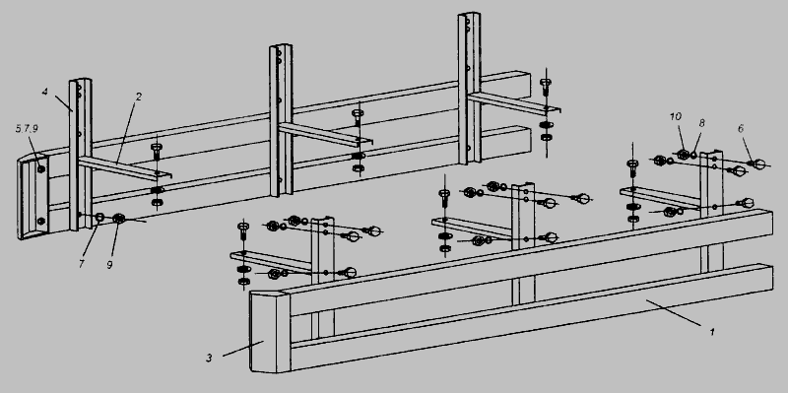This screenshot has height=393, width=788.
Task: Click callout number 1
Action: coord(711,332)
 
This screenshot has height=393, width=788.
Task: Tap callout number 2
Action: coord(138,96)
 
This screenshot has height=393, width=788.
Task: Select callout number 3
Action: coord(209,358)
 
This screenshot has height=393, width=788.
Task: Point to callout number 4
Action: coord(44,92)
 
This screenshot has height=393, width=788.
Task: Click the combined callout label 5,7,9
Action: coord(27,129)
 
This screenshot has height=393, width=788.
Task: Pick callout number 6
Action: coord(741,129)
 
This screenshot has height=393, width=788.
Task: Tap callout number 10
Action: coord(676,116)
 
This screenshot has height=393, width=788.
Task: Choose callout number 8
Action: coord(701,122)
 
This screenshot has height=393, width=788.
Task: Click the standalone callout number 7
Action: coord(82,264)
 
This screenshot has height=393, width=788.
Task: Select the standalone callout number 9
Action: coord(109,264)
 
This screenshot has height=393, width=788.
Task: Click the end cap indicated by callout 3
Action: coord(270,332)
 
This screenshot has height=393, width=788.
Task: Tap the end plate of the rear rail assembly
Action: coord(33,197)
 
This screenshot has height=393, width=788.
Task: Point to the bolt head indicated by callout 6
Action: coord(758,164)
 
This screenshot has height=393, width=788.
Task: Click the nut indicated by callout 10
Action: coord(683,155)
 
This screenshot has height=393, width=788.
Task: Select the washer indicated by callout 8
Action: coord(693,156)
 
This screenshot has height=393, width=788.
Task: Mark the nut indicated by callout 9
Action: coord(119,218)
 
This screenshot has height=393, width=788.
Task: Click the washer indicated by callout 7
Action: coord(99,217)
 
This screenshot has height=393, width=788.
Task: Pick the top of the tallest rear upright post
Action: coord(469,15)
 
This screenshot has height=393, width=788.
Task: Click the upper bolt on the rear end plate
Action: coord(41,168)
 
